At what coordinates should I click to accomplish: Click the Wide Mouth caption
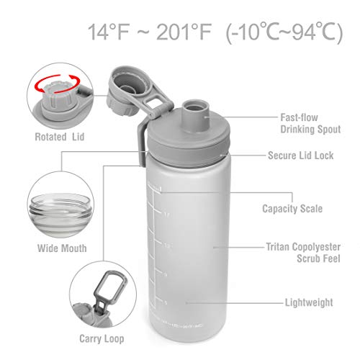(x=58, y=248)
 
